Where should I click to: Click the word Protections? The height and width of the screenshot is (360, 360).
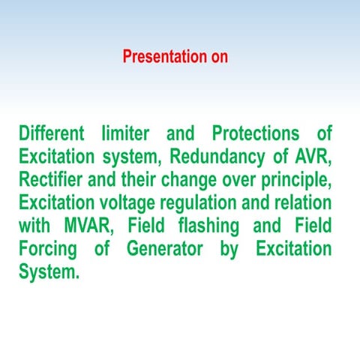coord(255,135)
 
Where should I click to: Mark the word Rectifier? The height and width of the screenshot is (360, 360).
coord(49,181)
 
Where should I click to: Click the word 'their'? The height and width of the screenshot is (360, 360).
coord(144,181)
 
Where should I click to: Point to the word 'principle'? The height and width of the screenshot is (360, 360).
coord(295,181)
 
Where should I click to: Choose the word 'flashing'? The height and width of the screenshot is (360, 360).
coord(207,226)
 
